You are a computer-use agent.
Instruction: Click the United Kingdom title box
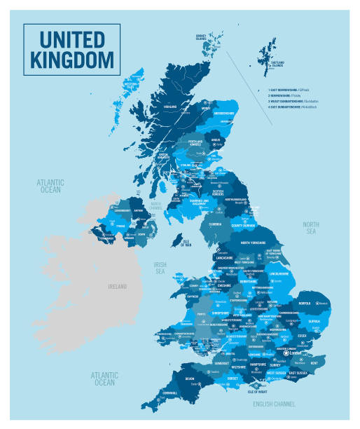click(x=71, y=49)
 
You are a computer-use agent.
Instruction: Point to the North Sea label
click(x=311, y=228)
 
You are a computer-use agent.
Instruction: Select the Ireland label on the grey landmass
click(x=117, y=287)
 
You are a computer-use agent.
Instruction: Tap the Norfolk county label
click(x=304, y=304)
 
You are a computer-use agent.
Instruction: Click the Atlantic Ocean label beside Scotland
click(x=51, y=185)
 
